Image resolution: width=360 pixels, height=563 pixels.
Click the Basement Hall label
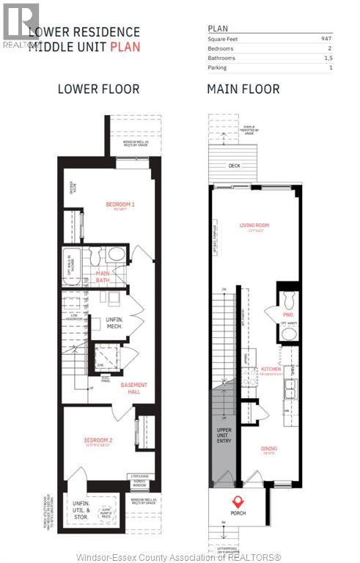[133, 388]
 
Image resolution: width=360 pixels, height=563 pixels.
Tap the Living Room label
[256, 226]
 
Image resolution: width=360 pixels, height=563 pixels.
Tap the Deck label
[234, 166]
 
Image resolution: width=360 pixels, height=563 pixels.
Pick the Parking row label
[217, 67]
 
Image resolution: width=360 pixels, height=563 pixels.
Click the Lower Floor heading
[98, 89]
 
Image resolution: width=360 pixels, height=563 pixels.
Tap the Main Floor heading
[243, 89]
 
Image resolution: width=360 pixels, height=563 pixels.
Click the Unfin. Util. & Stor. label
[81, 507]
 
